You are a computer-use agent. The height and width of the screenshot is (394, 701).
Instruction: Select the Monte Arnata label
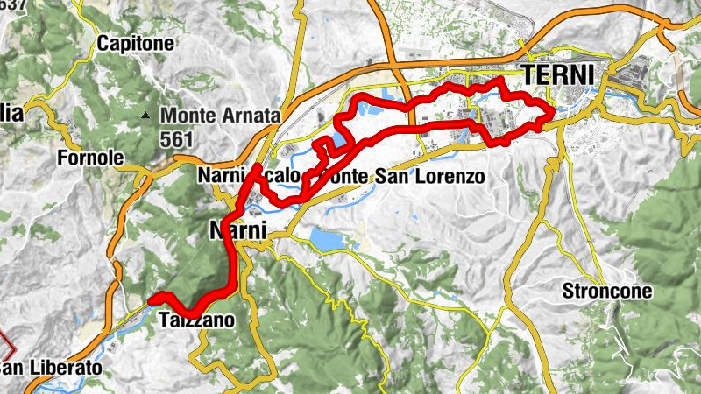(x=220, y=116)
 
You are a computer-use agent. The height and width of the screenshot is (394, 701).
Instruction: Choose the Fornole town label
(x=87, y=158)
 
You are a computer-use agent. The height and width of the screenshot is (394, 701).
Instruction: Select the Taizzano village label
(x=197, y=321)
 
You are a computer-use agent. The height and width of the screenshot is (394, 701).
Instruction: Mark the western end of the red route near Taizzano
(x=152, y=299)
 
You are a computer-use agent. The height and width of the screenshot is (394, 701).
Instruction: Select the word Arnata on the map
(x=251, y=116)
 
